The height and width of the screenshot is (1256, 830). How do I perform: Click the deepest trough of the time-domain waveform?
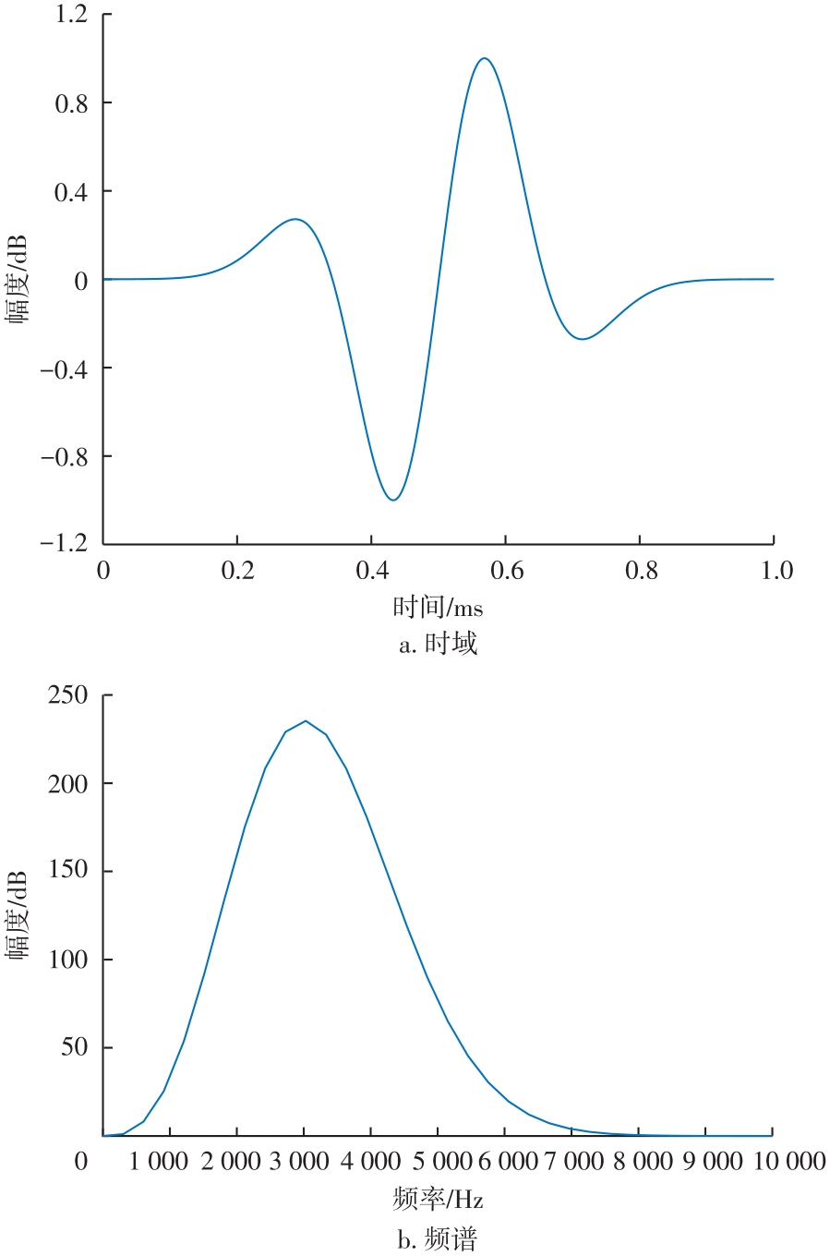pos(394,500)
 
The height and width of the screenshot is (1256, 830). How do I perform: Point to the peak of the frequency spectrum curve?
pos(306,721)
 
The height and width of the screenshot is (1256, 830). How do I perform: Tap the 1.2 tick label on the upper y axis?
pos(71,15)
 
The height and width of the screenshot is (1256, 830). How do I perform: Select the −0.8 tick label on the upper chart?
pos(64,456)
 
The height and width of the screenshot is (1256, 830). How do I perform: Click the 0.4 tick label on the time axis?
pos(372,571)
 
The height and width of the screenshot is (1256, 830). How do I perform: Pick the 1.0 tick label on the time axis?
pos(776,571)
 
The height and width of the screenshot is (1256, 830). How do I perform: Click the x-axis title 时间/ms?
pos(438,607)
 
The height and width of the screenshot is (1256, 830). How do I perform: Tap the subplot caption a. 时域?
pos(438,644)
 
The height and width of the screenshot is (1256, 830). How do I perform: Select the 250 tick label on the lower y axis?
pos(68,695)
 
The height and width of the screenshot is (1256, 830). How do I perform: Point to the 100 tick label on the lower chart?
pos(68,960)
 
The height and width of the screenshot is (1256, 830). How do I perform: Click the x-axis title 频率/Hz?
pos(438,1199)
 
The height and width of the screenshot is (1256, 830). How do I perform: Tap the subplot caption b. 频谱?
pos(438,1238)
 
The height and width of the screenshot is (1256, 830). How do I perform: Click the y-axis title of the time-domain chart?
pos(18,278)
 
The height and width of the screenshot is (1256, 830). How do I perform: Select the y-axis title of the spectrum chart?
pos(18,915)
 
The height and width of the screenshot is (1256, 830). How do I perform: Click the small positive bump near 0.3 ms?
pos(295,220)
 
